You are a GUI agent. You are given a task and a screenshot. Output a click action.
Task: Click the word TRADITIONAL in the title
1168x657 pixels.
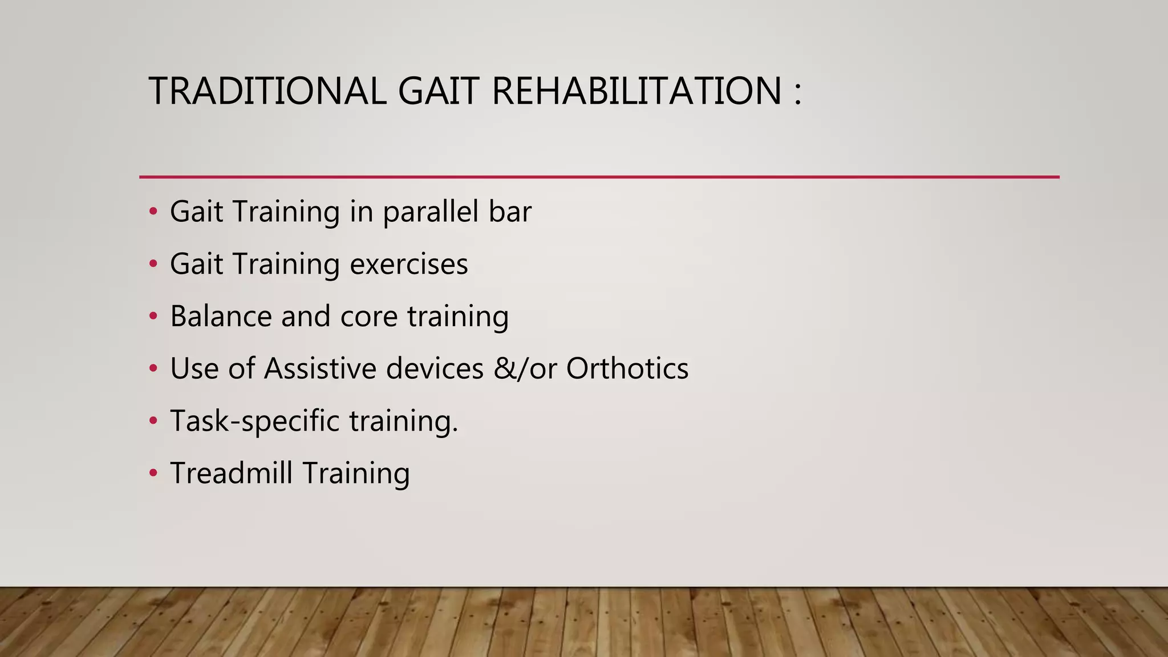(267, 91)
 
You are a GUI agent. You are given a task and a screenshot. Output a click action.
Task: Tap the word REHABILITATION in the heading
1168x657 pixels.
(636, 91)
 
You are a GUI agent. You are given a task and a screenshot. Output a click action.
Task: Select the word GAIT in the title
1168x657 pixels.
(437, 91)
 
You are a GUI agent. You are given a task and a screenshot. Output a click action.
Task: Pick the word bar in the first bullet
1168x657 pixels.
(510, 212)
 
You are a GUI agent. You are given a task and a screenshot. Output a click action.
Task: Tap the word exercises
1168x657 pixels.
(408, 264)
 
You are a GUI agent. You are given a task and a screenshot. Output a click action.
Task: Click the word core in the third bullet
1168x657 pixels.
(368, 317)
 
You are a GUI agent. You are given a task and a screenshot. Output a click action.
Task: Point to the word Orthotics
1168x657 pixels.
(627, 368)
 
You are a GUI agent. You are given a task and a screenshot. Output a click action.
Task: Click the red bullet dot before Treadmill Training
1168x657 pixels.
(153, 473)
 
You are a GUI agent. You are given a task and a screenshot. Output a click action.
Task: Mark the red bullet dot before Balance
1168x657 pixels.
(153, 317)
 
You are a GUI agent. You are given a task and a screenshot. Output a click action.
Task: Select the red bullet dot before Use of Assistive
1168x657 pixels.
(153, 369)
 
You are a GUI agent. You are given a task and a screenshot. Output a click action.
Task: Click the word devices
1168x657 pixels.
(435, 368)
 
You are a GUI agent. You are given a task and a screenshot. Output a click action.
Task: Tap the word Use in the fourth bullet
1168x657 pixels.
(194, 368)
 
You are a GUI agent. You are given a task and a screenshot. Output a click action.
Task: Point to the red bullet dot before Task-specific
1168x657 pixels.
(153, 421)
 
